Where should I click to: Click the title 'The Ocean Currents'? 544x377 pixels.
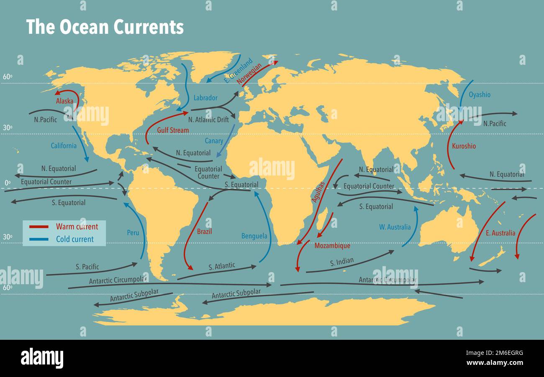coord(105,27)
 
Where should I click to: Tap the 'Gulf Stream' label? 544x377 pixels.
coord(173,130)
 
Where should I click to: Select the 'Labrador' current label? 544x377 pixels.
coord(205,98)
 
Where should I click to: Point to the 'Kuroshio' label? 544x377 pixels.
coord(464,146)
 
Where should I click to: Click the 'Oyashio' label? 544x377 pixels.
coord(480,94)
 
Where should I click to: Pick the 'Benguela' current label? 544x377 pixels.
coord(254,236)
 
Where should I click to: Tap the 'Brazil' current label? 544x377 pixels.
coord(204,231)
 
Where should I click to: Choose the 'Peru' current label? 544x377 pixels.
coord(133,232)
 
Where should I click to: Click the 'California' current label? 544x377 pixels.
coord(64,146)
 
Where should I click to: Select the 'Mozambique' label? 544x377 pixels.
coord(332,246)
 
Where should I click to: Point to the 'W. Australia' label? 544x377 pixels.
coord(395,227)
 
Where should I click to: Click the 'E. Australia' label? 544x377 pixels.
coord(500,233)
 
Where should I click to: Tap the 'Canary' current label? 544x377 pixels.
coord(214,141)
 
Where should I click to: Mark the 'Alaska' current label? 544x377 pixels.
coord(64,101)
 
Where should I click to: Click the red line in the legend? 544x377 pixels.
coord(39,227)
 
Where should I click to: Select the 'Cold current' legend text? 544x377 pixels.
coord(75,239)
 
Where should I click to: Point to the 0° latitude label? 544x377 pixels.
coord(7,183)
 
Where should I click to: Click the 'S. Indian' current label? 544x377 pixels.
coord(341,262)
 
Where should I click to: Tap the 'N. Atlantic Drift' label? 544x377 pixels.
coord(208,120)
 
